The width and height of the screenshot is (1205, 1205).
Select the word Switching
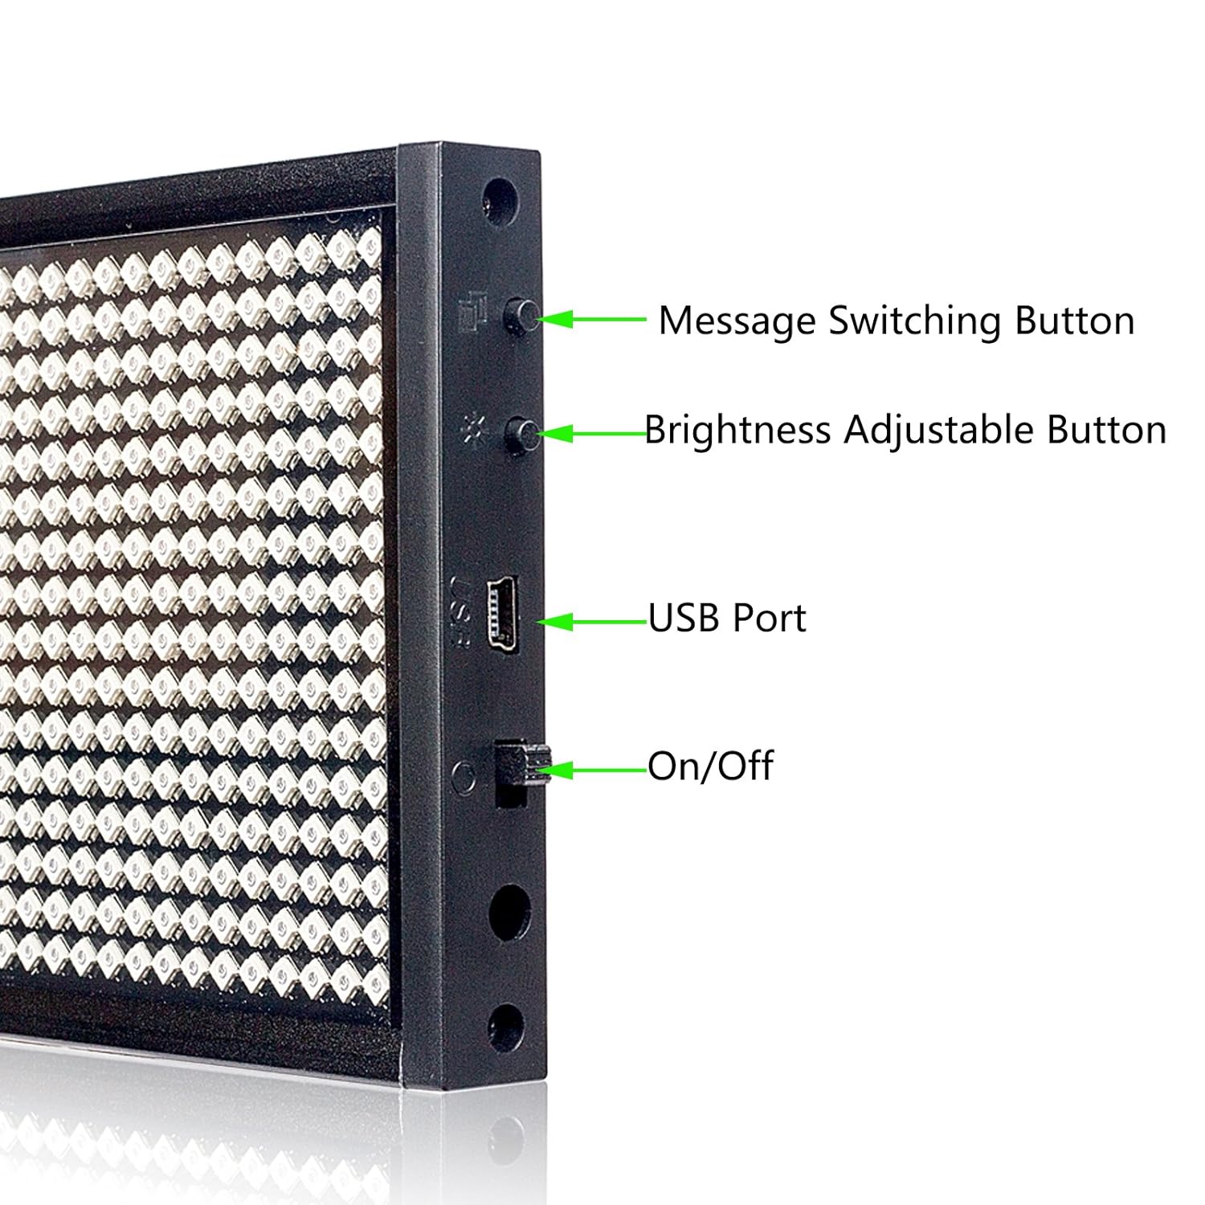click(x=915, y=321)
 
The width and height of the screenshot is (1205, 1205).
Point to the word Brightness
click(x=737, y=431)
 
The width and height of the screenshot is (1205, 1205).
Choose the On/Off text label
click(x=710, y=766)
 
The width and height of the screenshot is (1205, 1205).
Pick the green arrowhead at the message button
click(x=554, y=319)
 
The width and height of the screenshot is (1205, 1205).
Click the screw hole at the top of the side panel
click(x=499, y=194)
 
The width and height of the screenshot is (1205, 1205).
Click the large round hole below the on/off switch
click(x=509, y=913)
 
